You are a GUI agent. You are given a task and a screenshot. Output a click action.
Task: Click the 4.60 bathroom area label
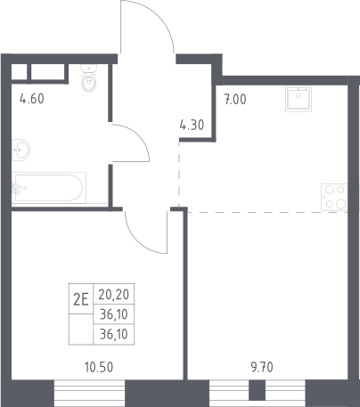[32, 99]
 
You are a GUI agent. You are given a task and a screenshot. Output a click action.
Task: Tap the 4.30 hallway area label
[192, 125]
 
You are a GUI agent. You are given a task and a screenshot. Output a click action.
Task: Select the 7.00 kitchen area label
[235, 100]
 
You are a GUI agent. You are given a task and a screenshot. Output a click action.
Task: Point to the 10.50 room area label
[99, 367]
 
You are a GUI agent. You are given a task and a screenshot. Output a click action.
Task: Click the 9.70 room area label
[262, 368]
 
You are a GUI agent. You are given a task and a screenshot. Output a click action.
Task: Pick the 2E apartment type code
[81, 300]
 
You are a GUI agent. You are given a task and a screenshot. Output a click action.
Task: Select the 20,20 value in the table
[114, 295]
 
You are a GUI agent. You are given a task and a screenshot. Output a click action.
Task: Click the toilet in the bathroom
[88, 78]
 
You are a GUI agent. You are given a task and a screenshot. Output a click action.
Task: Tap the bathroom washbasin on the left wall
[20, 150]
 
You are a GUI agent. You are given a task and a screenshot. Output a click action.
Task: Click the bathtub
[49, 188]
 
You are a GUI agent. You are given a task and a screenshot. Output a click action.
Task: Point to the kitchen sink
[299, 99]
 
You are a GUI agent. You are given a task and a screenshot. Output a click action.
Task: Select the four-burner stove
[334, 197]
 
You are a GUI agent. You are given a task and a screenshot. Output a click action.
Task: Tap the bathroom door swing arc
[141, 135]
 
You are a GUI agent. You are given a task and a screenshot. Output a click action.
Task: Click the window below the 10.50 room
[89, 394]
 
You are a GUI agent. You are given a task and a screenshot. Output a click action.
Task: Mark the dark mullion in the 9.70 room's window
[257, 390]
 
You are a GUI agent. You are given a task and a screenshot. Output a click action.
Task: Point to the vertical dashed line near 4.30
[179, 175]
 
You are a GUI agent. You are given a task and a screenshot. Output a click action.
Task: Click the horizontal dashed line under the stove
[267, 212]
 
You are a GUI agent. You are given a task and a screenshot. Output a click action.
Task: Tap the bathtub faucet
[17, 188]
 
